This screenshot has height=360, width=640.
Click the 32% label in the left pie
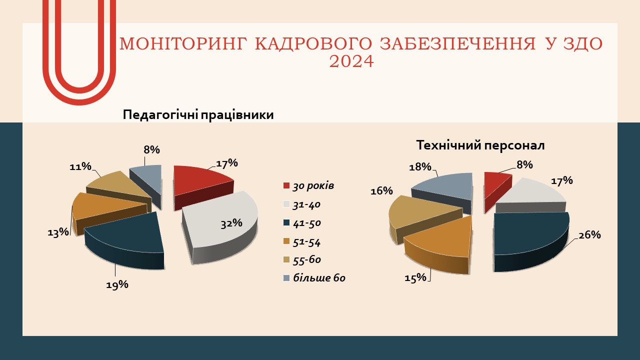click(231, 223)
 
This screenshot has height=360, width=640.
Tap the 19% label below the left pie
click(117, 284)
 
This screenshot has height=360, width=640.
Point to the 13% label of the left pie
click(58, 232)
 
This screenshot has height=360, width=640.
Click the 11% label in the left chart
click(80, 166)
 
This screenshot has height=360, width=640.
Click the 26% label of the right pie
click(589, 235)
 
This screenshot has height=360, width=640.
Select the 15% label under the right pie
click(415, 277)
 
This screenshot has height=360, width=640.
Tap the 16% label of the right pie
click(381, 190)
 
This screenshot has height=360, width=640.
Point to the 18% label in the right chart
click(420, 167)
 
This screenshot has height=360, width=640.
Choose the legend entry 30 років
click(309, 186)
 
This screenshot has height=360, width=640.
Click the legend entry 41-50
click(302, 223)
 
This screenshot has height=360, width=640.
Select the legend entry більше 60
click(314, 277)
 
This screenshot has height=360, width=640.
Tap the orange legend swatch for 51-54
click(286, 241)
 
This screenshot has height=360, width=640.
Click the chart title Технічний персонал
click(480, 145)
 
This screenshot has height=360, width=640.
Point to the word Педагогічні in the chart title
click(160, 115)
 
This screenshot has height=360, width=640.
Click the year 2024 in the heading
click(351, 61)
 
